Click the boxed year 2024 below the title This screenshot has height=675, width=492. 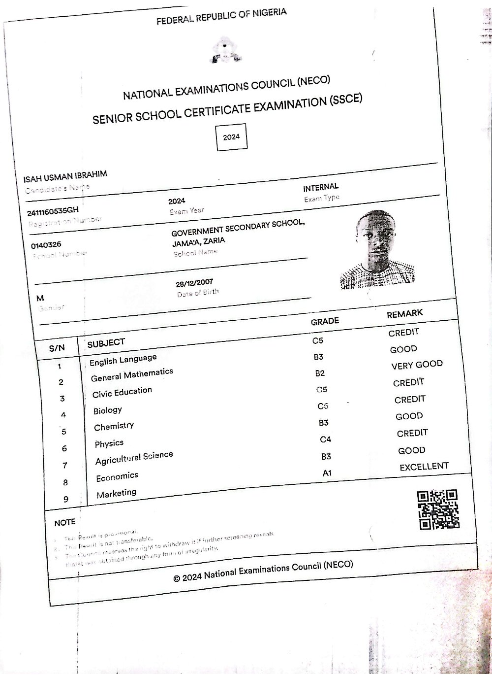click(231, 137)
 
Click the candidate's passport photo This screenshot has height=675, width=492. click(377, 251)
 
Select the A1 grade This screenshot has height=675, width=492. click(327, 473)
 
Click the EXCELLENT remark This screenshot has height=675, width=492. click(424, 467)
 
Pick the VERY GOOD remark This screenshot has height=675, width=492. click(417, 365)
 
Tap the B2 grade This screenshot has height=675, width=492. click(320, 373)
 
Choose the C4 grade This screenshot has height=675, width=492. click(325, 439)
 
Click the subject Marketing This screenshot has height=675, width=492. click(116, 494)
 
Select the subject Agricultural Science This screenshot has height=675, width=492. click(134, 458)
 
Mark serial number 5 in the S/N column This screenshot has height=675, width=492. click(63, 432)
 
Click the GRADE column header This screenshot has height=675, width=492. click(325, 321)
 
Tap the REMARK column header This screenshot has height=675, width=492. click(404, 313)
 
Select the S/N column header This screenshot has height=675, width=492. click(57, 348)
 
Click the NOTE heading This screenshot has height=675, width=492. click(64, 522)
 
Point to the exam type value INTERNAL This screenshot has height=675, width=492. click(321, 188)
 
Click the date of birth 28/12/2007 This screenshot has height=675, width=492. click(194, 283)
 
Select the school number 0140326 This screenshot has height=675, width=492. click(46, 245)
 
